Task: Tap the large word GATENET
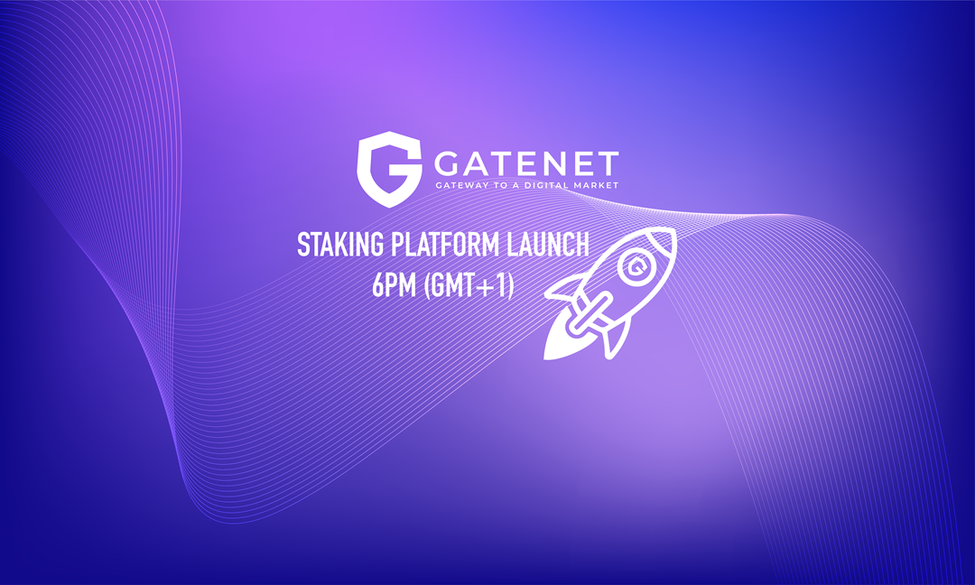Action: tap(527, 162)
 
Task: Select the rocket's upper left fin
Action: tap(569, 287)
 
